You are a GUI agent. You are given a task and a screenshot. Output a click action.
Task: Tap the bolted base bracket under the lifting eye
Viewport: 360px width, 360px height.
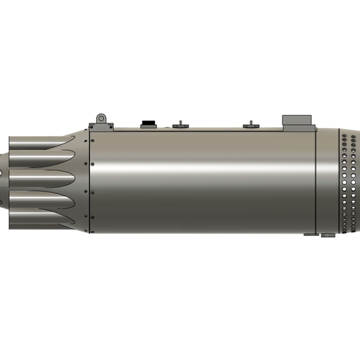tap(100, 127)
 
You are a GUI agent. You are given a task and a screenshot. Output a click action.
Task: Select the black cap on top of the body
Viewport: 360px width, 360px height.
tap(148, 124)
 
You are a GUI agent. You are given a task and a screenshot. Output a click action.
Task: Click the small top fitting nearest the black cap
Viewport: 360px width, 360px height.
tap(180, 125)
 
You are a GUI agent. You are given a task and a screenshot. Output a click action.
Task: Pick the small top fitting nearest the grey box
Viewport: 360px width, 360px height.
tap(250, 125)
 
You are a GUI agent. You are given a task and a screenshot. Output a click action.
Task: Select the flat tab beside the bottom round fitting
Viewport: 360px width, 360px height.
tap(311, 235)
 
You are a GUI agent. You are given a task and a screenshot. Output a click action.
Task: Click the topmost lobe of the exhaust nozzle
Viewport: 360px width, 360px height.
tap(42, 142)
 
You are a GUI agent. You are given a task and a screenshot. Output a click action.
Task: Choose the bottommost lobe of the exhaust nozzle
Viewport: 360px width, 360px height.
tap(42, 220)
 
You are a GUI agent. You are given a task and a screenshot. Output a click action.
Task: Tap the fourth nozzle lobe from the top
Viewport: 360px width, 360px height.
tap(42, 203)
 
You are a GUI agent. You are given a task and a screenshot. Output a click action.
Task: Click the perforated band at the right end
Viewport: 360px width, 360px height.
tap(347, 181)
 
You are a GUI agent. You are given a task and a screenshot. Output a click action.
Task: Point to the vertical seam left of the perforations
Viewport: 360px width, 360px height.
tap(316, 181)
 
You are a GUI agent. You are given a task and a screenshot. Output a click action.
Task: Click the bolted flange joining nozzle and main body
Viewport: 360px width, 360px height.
tap(87, 181)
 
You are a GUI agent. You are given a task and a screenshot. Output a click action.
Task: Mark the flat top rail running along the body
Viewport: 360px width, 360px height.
tap(209, 129)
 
